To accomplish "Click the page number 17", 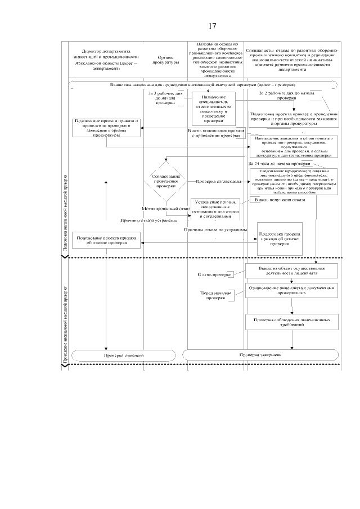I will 212,26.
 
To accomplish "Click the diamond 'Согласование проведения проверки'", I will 165,181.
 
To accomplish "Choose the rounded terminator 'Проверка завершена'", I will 260,355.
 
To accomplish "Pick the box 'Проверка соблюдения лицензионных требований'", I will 292,323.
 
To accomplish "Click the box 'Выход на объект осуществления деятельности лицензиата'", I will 292,271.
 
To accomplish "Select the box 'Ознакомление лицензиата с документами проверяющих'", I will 292,290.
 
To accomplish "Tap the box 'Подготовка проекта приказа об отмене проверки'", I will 279,238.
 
